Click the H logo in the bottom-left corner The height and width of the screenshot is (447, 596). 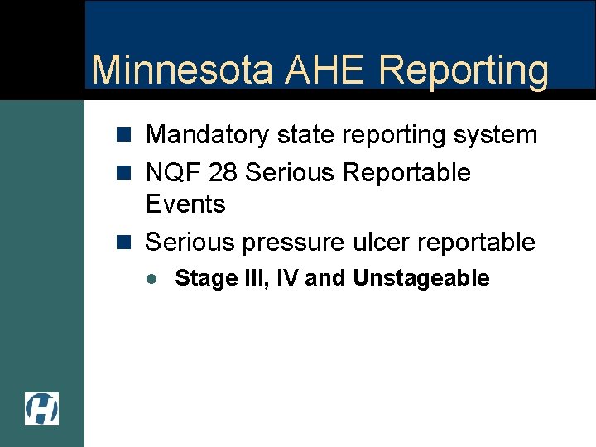tap(41, 409)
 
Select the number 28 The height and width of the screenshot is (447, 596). tap(223, 173)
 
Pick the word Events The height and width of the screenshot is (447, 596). tap(185, 204)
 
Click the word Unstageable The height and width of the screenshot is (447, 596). tap(421, 278)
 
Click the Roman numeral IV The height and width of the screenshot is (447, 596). tap(286, 278)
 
